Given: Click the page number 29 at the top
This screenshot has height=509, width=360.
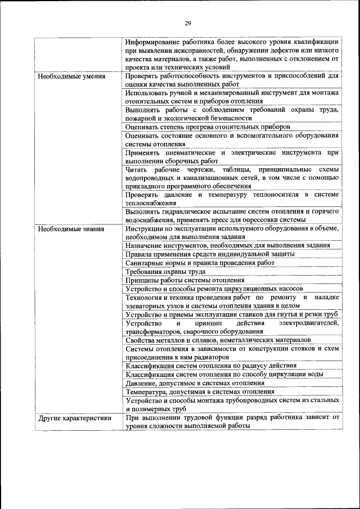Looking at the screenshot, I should pyautogui.click(x=188, y=23).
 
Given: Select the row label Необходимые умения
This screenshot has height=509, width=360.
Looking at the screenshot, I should pyautogui.click(x=71, y=75).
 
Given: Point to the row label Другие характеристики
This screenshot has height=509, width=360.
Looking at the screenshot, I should pyautogui.click(x=74, y=418).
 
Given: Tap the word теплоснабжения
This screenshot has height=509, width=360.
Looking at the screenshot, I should pyautogui.click(x=151, y=203).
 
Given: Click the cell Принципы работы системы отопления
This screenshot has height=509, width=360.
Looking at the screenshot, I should pyautogui.click(x=185, y=280).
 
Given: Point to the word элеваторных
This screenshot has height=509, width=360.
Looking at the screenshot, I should pyautogui.click(x=147, y=305).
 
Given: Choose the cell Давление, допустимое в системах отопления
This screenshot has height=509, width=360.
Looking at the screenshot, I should pyautogui.click(x=195, y=382).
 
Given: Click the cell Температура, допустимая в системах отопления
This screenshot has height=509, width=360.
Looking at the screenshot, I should pyautogui.click(x=200, y=391).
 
